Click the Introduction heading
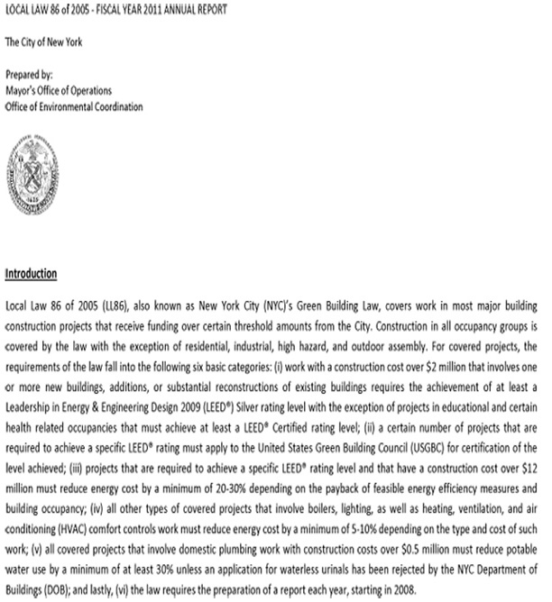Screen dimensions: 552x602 (31, 273)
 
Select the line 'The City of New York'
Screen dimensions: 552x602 (43, 42)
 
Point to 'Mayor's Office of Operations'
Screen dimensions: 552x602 (59, 90)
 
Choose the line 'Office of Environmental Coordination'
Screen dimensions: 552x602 (73, 106)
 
